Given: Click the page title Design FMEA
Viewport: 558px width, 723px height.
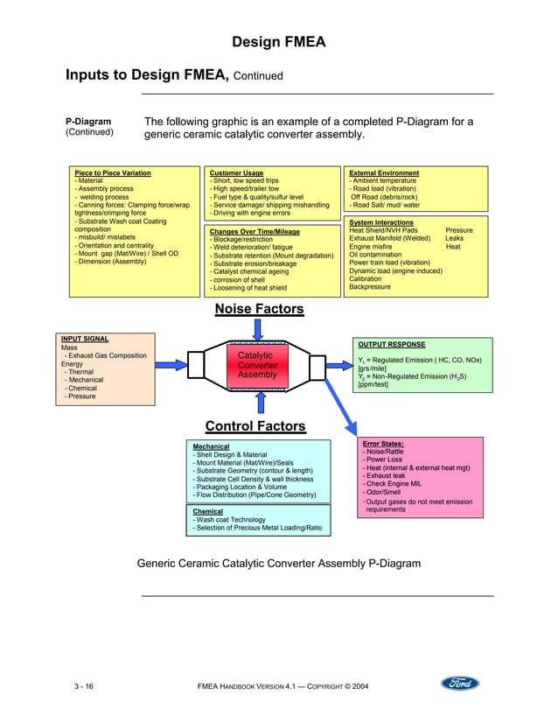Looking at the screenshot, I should pyautogui.click(x=278, y=41).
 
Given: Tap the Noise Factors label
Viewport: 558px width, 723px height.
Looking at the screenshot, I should pyautogui.click(x=259, y=309).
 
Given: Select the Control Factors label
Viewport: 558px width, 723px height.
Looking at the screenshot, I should pyautogui.click(x=255, y=426).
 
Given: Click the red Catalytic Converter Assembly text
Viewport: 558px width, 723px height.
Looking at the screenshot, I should pyautogui.click(x=257, y=365).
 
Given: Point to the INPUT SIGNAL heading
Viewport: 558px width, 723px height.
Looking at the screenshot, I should pyautogui.click(x=85, y=338).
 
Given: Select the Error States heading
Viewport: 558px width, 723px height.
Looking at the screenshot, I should pyautogui.click(x=383, y=444).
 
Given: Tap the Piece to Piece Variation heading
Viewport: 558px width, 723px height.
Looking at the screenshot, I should pyautogui.click(x=113, y=173).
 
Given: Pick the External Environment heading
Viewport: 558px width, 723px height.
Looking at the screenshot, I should pyautogui.click(x=384, y=173).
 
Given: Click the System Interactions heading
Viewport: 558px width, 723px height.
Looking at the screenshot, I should pyautogui.click(x=381, y=223).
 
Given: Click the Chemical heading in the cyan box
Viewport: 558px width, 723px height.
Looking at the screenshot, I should pyautogui.click(x=207, y=511).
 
